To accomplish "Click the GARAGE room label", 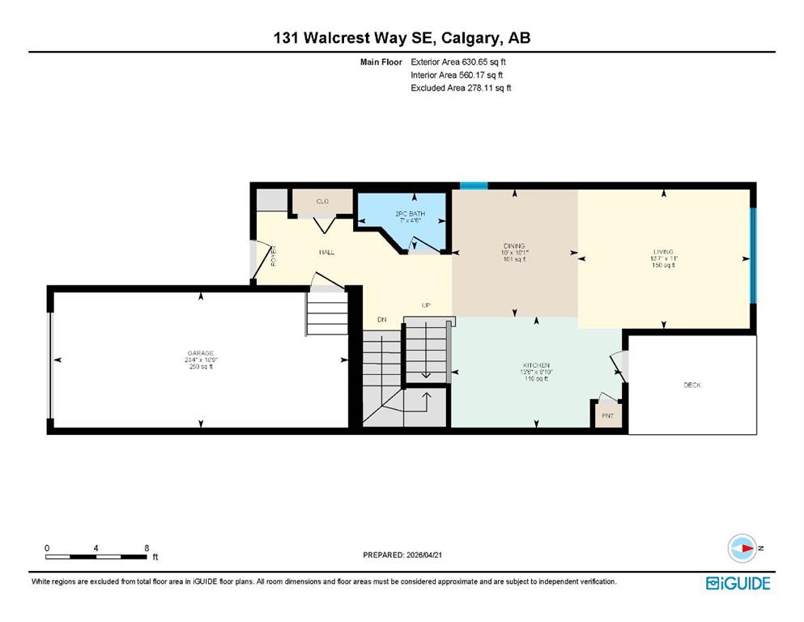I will point(201,353).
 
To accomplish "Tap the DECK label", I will point(692,386).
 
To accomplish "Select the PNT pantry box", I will point(608,415).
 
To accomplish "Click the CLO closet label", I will point(322,201).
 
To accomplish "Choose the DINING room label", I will point(514,246).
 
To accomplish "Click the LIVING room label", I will point(664,252).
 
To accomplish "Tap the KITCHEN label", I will point(535,366).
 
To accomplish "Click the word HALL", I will point(326,253).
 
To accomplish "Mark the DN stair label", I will point(382,320).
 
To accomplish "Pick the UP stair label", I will point(425,305).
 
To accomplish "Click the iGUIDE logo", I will point(738,583).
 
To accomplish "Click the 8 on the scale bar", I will point(147,548).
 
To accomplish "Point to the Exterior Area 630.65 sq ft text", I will point(459,62).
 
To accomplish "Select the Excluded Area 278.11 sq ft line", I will point(461,87).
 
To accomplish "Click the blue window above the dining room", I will point(474,185).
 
